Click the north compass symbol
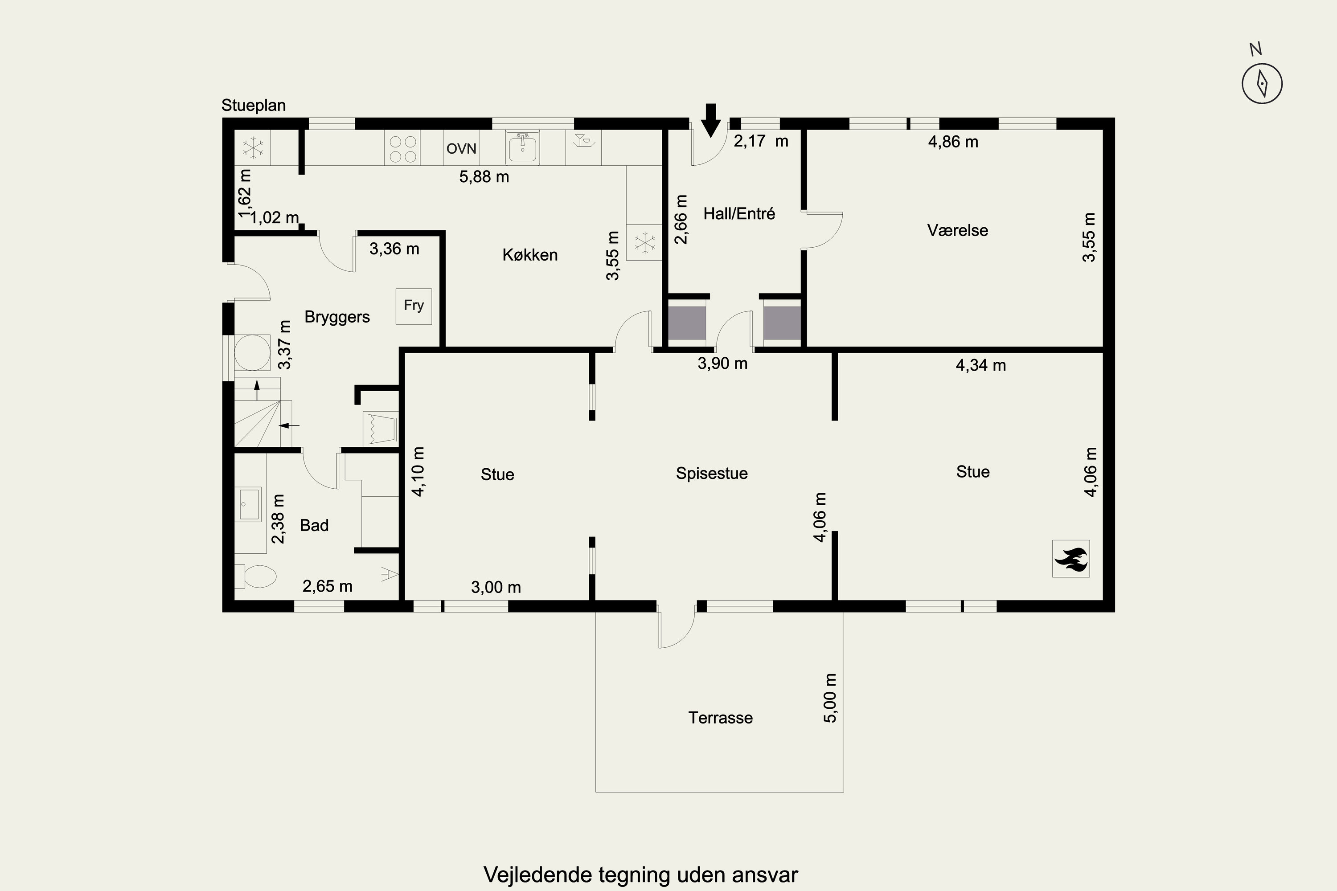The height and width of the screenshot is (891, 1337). (x=1262, y=83)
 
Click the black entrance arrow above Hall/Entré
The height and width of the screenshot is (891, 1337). (x=710, y=120)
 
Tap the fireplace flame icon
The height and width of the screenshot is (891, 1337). (x=1071, y=559)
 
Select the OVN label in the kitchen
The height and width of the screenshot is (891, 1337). (x=461, y=149)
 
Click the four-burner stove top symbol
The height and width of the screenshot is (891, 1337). (x=402, y=148)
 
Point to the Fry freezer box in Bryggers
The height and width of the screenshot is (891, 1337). (x=414, y=307)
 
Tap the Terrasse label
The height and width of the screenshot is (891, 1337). (x=720, y=718)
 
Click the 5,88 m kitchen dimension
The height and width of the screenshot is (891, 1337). (x=484, y=177)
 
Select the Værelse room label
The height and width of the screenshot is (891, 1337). (x=957, y=230)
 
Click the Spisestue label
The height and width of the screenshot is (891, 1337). (x=712, y=473)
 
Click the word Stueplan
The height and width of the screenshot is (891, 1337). (x=254, y=106)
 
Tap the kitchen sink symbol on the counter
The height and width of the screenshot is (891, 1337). (x=522, y=148)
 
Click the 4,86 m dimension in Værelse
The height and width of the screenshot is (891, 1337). (x=953, y=142)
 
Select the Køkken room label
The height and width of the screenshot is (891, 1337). (x=530, y=254)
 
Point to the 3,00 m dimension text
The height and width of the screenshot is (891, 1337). (x=496, y=587)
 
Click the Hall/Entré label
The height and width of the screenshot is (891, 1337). (x=739, y=214)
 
